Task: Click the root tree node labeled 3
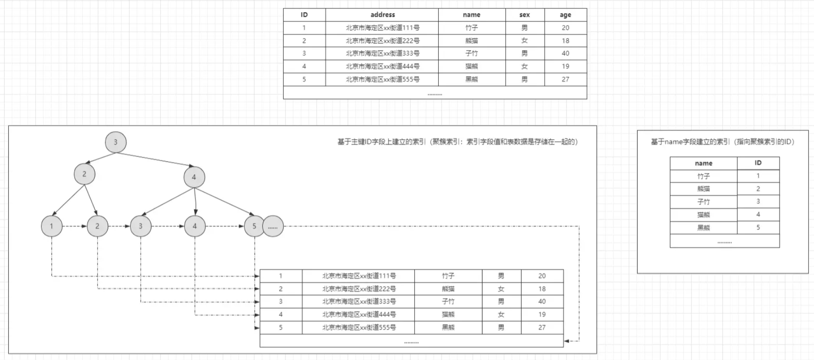pyautogui.click(x=116, y=142)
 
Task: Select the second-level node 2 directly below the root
pyautogui.click(x=85, y=174)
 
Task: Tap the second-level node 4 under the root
pyautogui.click(x=194, y=177)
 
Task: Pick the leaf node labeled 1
pyautogui.click(x=52, y=226)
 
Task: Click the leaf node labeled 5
pyautogui.click(x=254, y=226)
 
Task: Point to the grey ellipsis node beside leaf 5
pyautogui.click(x=273, y=227)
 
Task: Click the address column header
pyautogui.click(x=382, y=15)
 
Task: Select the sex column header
pyautogui.click(x=525, y=15)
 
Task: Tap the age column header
pyautogui.click(x=565, y=15)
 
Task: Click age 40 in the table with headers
pyautogui.click(x=565, y=53)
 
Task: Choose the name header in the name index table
pyautogui.click(x=703, y=163)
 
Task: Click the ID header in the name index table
pyautogui.click(x=758, y=163)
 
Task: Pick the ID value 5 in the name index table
pyautogui.click(x=758, y=228)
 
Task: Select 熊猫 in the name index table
pyautogui.click(x=703, y=189)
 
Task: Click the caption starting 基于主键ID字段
pyautogui.click(x=457, y=142)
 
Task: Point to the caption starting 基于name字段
pyautogui.click(x=723, y=142)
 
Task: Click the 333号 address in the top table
pyautogui.click(x=382, y=53)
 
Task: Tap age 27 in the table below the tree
pyautogui.click(x=542, y=327)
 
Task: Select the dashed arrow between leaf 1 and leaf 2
pyautogui.click(x=74, y=226)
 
